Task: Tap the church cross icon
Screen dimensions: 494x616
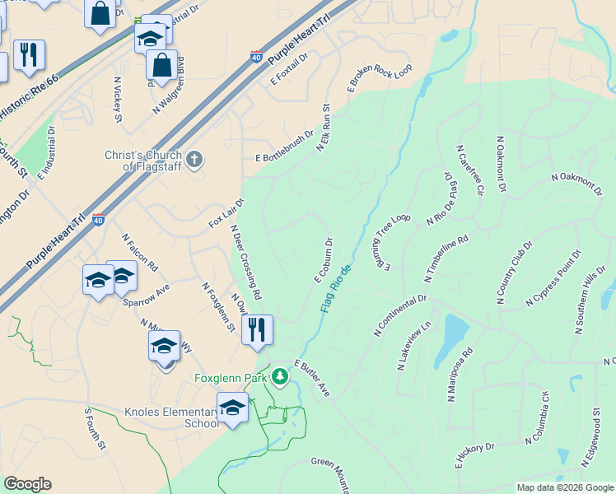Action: coord(194,159)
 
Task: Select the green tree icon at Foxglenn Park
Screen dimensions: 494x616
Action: coord(281,377)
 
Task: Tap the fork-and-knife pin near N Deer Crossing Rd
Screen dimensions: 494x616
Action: coord(258,330)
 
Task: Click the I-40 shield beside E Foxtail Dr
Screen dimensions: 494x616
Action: coord(256,58)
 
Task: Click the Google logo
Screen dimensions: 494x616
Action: coord(27,484)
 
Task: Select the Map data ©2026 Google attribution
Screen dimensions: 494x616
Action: coord(565,487)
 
